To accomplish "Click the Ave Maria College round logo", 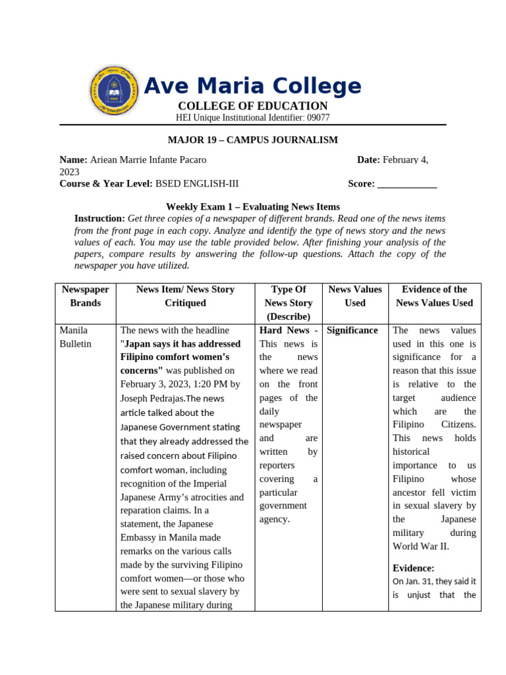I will coord(114,91).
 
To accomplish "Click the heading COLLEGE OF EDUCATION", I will coord(252,106).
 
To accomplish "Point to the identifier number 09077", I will coord(318,117).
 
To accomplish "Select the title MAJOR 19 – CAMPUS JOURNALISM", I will coord(252,140).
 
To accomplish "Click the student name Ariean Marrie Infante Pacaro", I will coord(148,160).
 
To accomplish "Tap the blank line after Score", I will coord(407,184).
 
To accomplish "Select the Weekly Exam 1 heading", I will coord(252,206).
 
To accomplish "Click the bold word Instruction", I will coord(99,218).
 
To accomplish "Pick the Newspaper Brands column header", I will coord(86,296).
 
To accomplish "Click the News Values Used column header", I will coord(354,296).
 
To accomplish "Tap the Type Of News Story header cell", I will coord(288,303).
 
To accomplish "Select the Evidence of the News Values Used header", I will coord(434,296).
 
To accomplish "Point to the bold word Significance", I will coord(352,330).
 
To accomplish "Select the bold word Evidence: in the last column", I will coord(413,568).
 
